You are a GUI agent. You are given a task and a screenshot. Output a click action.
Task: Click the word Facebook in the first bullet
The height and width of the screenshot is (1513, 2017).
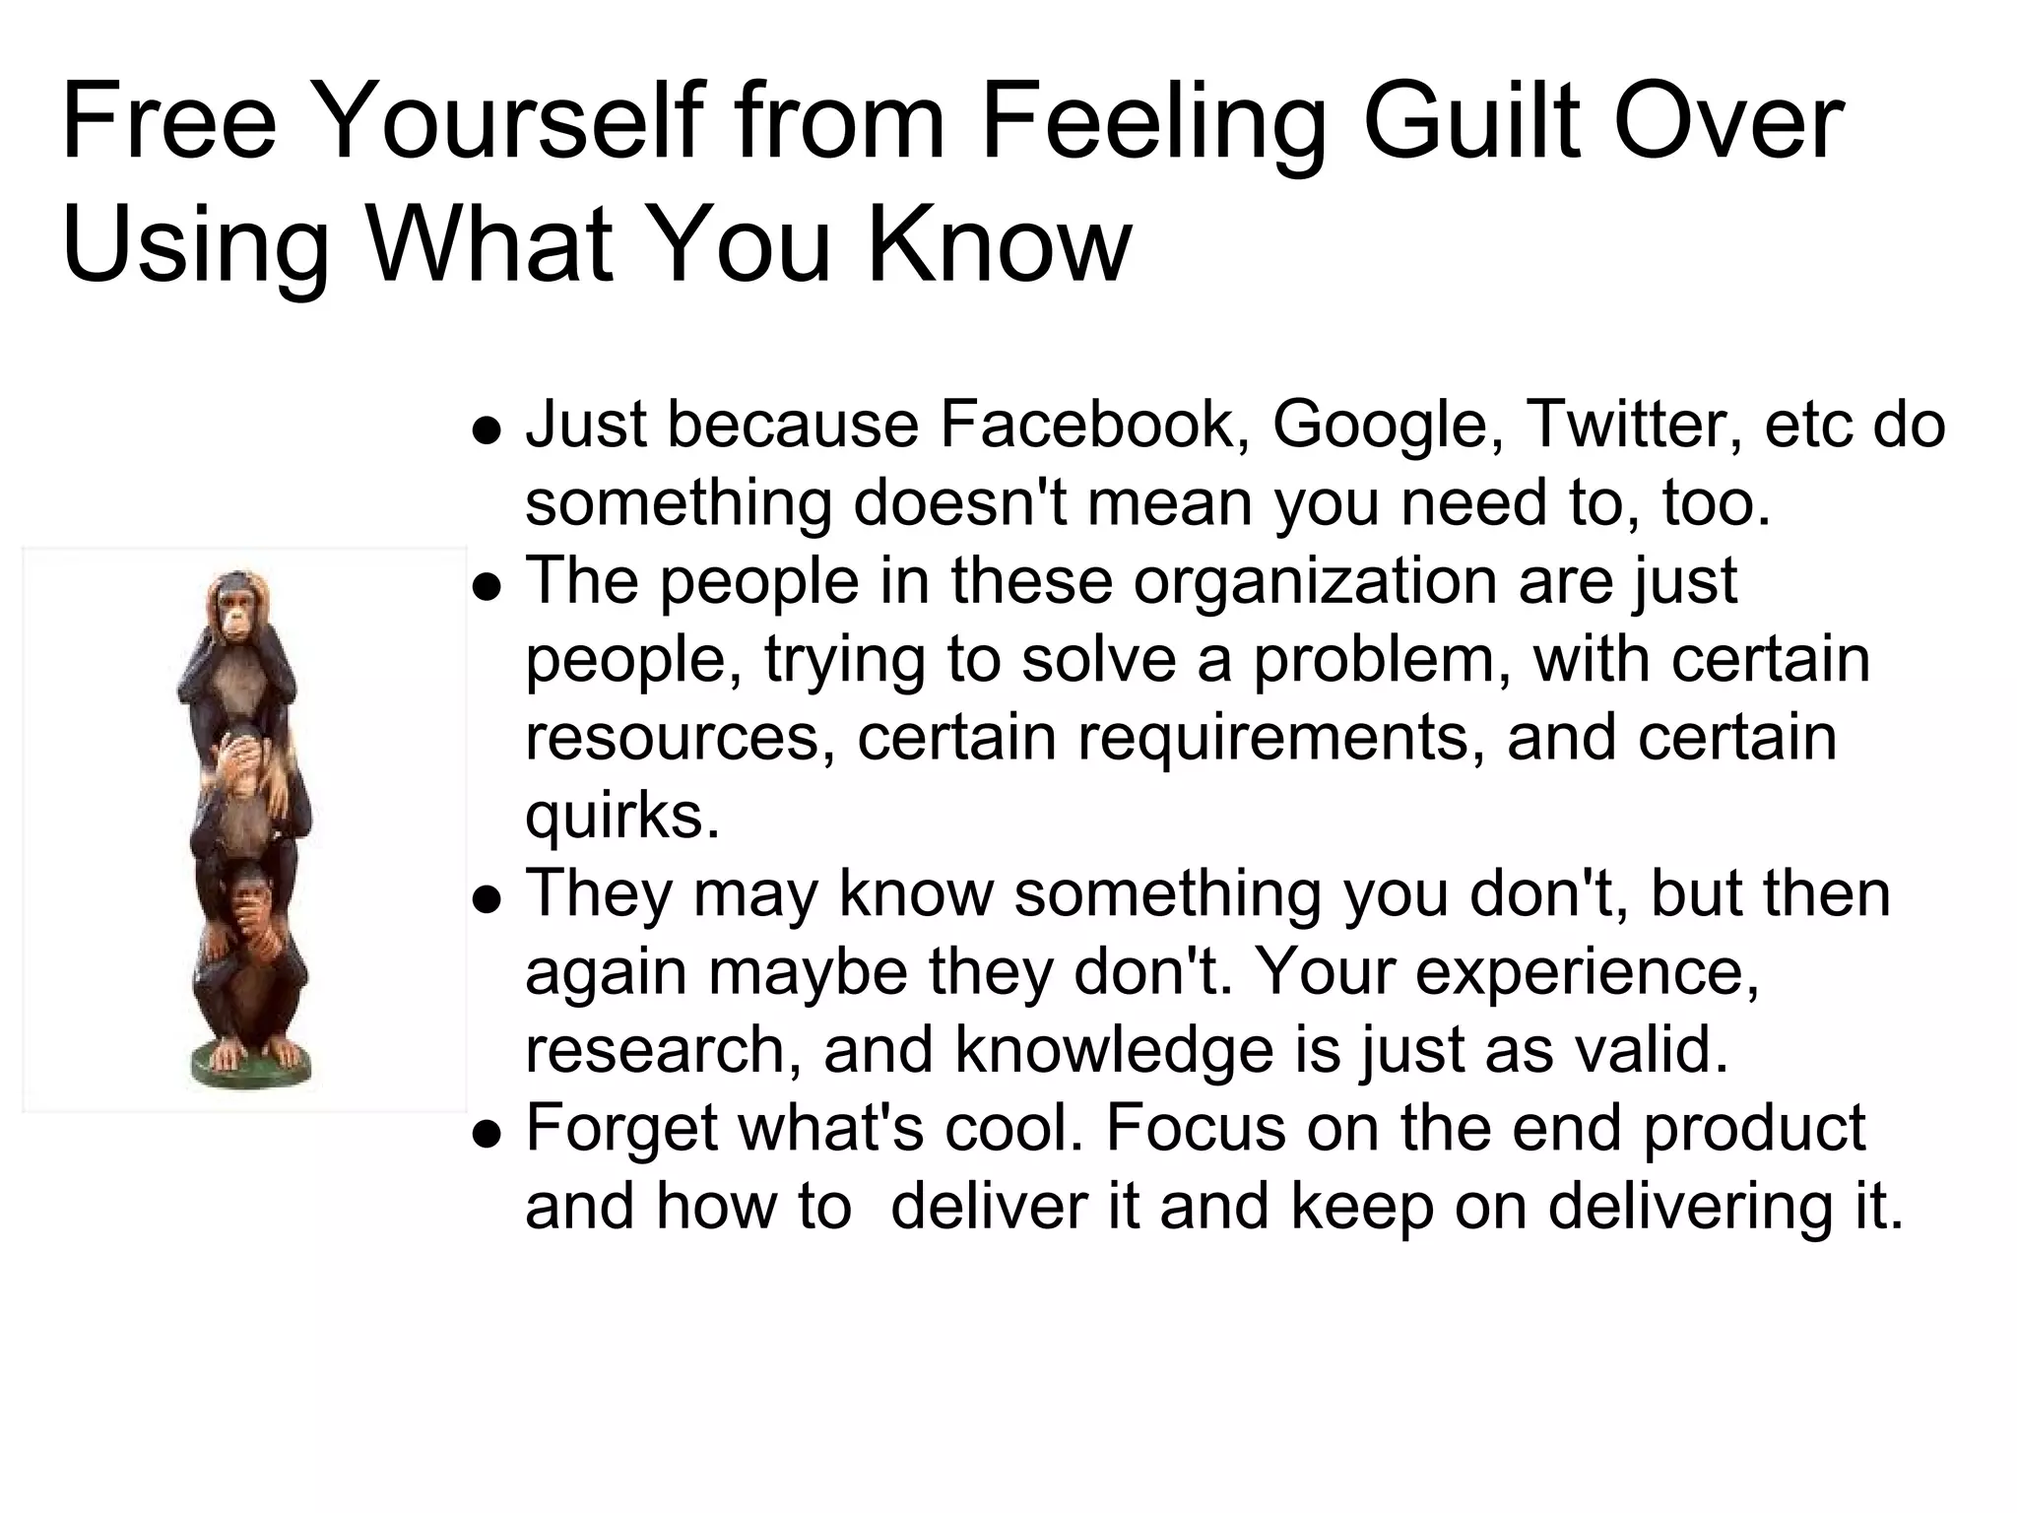click(x=1086, y=426)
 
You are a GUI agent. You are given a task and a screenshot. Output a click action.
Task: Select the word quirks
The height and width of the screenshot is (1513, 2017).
click(x=622, y=816)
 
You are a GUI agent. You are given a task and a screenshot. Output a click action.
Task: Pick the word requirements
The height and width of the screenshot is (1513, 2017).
click(x=1280, y=739)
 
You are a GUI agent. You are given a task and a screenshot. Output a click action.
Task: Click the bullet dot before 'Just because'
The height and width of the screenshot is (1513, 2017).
click(x=487, y=430)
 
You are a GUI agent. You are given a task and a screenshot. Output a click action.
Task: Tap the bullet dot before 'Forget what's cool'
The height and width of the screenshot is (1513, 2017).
click(x=487, y=1134)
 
